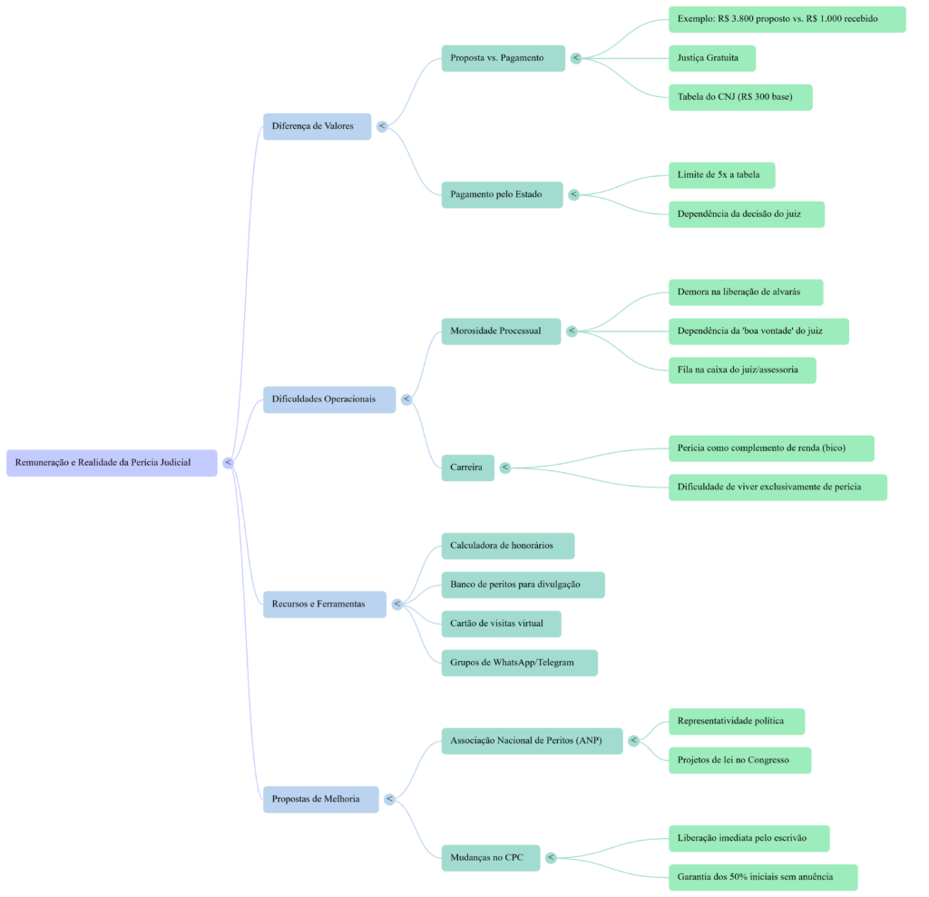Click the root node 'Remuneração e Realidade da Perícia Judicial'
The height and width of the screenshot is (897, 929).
tap(112, 462)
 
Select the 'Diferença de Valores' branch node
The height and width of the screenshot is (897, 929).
tap(317, 125)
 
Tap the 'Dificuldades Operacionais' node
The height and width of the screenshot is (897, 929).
tap(328, 399)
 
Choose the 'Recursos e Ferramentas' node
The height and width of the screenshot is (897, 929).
tap(324, 604)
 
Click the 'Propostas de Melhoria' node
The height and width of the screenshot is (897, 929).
tap(320, 799)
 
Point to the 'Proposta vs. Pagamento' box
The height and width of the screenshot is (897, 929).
tap(503, 58)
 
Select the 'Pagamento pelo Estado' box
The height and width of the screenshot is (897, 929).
tap(502, 194)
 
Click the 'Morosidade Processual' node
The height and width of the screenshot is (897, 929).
tap(501, 330)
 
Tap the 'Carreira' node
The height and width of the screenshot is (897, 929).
tap(467, 468)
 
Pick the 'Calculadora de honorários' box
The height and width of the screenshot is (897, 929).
tap(507, 546)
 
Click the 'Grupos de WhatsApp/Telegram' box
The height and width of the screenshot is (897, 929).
tap(519, 663)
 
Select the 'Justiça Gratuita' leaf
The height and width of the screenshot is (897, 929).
tap(711, 58)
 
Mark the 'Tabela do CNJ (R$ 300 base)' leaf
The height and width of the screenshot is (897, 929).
tap(739, 97)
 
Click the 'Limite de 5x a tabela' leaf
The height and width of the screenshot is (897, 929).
tap(721, 174)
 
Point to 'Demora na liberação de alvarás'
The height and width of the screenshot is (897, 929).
tap(745, 292)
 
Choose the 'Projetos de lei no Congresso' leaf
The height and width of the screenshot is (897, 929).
tap(738, 760)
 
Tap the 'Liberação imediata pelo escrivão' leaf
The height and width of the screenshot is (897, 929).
tap(748, 838)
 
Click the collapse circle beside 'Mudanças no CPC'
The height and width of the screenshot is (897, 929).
tap(551, 858)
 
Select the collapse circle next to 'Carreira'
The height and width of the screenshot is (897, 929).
tap(505, 468)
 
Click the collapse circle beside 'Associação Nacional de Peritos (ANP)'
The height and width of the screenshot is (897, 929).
tap(633, 741)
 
